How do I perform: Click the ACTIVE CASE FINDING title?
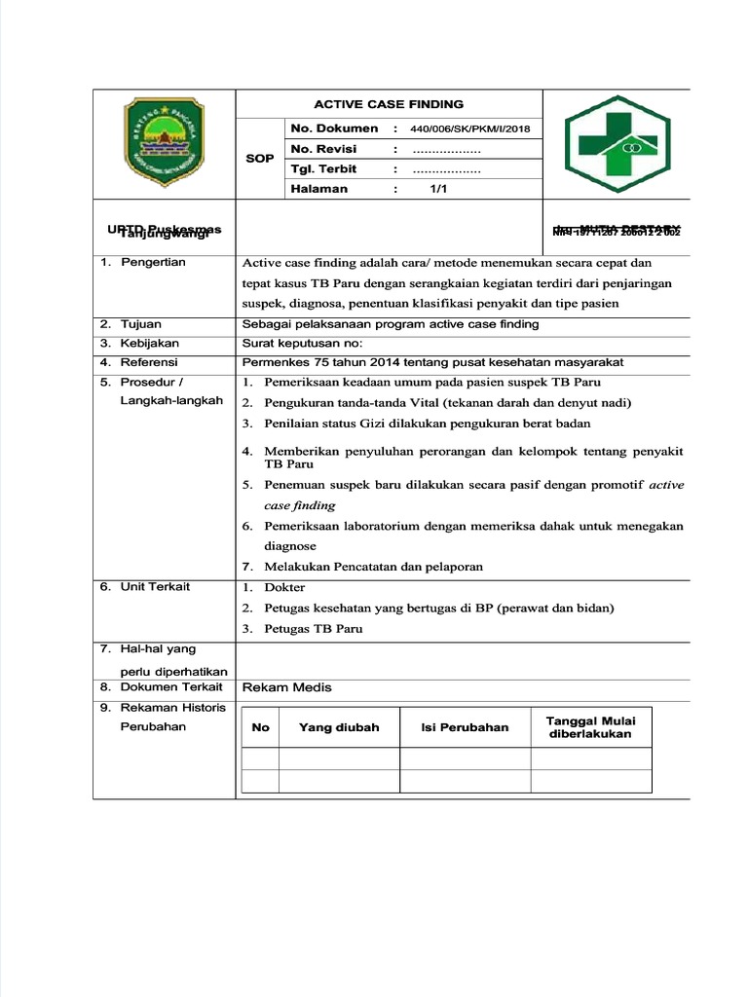pyautogui.click(x=388, y=104)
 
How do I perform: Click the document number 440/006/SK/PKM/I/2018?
pyautogui.click(x=469, y=129)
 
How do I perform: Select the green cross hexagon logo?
pyautogui.click(x=618, y=143)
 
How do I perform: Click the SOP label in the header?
pyautogui.click(x=260, y=158)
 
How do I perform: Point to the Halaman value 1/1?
pyautogui.click(x=437, y=189)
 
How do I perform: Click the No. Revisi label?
pyautogui.click(x=323, y=149)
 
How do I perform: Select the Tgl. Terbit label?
pyautogui.click(x=323, y=169)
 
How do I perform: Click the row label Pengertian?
pyautogui.click(x=152, y=263)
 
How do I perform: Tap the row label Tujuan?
pyautogui.click(x=141, y=324)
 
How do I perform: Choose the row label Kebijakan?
pyautogui.click(x=149, y=344)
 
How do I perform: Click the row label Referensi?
pyautogui.click(x=149, y=362)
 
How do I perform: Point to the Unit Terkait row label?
pyautogui.click(x=155, y=587)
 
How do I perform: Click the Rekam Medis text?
pyautogui.click(x=286, y=687)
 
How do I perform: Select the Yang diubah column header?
pyautogui.click(x=339, y=727)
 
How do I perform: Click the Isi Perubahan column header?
pyautogui.click(x=465, y=727)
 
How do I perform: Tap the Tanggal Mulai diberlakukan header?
pyautogui.click(x=590, y=727)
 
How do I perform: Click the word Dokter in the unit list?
pyautogui.click(x=284, y=588)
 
